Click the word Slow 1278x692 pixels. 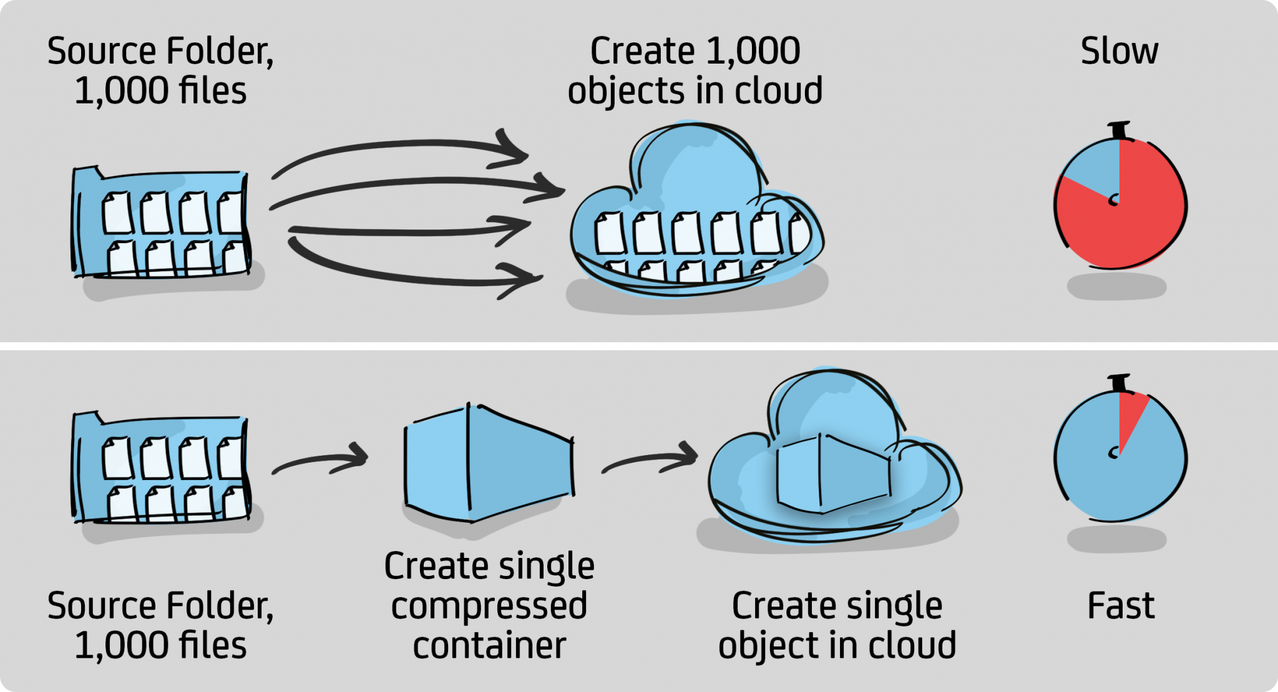pyautogui.click(x=1119, y=51)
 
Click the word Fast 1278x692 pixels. pyautogui.click(x=1121, y=606)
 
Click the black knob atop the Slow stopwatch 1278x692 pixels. pyautogui.click(x=1120, y=130)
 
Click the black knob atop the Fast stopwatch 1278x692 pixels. pyautogui.click(x=1120, y=383)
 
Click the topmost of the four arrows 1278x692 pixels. pyautogui.click(x=399, y=147)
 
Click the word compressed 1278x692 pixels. pyautogui.click(x=489, y=606)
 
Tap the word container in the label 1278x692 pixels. pyautogui.click(x=489, y=645)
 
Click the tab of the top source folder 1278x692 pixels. pyautogui.click(x=88, y=171)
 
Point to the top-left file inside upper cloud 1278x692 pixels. pyautogui.click(x=610, y=233)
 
